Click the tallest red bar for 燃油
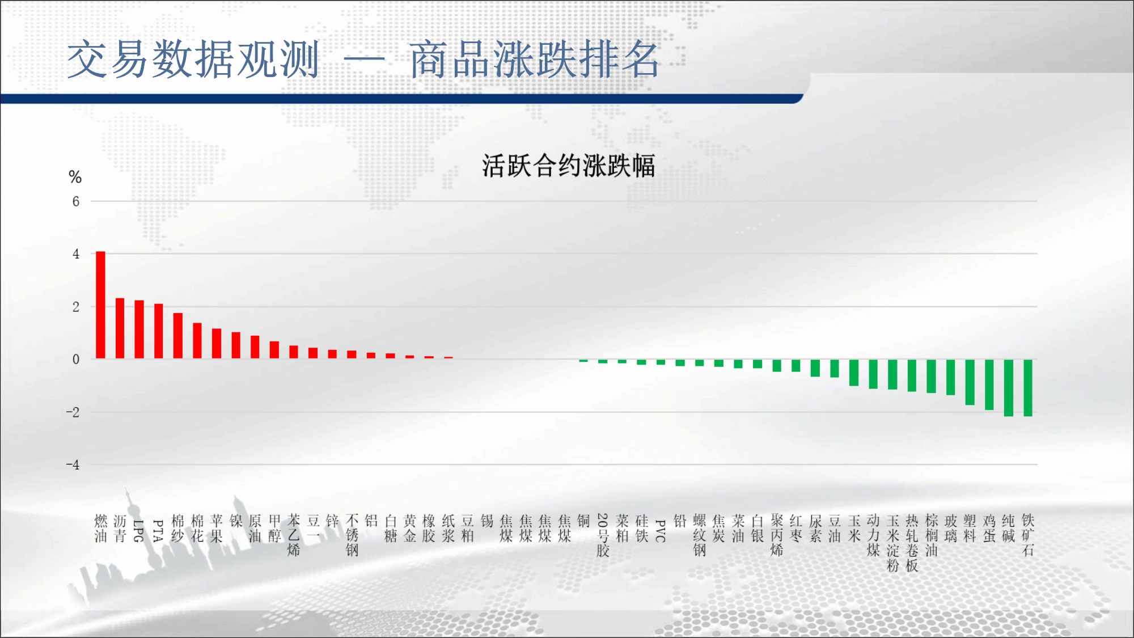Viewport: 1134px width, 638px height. click(100, 305)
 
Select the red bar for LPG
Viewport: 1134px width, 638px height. click(139, 329)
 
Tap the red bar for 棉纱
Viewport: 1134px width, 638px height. click(177, 336)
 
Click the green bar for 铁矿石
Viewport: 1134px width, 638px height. click(1028, 388)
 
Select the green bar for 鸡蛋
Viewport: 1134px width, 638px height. click(989, 385)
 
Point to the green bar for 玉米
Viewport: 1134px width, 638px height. click(854, 373)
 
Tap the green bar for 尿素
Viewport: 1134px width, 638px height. click(815, 368)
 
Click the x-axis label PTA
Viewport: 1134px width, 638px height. click(158, 531)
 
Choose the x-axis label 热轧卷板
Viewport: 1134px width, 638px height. click(912, 543)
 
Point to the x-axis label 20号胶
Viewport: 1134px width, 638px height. click(603, 535)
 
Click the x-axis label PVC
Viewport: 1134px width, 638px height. click(661, 531)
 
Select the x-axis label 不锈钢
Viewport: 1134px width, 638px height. click(352, 535)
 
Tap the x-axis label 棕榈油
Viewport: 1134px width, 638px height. click(931, 535)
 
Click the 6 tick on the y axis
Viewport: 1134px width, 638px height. click(76, 201)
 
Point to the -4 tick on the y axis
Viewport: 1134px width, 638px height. click(73, 465)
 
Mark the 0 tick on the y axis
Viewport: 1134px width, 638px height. click(76, 359)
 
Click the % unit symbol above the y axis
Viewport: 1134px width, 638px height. click(75, 177)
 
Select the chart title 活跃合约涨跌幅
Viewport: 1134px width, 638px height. click(569, 166)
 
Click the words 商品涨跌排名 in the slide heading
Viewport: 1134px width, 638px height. click(534, 60)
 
